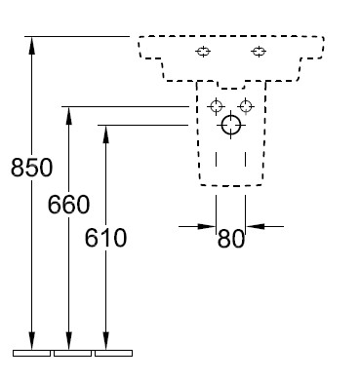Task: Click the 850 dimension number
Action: [x=31, y=168]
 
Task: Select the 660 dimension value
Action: [x=68, y=205]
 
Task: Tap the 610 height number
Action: [x=105, y=238]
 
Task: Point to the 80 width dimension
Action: [x=230, y=239]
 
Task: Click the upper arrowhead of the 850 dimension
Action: [x=31, y=45]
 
